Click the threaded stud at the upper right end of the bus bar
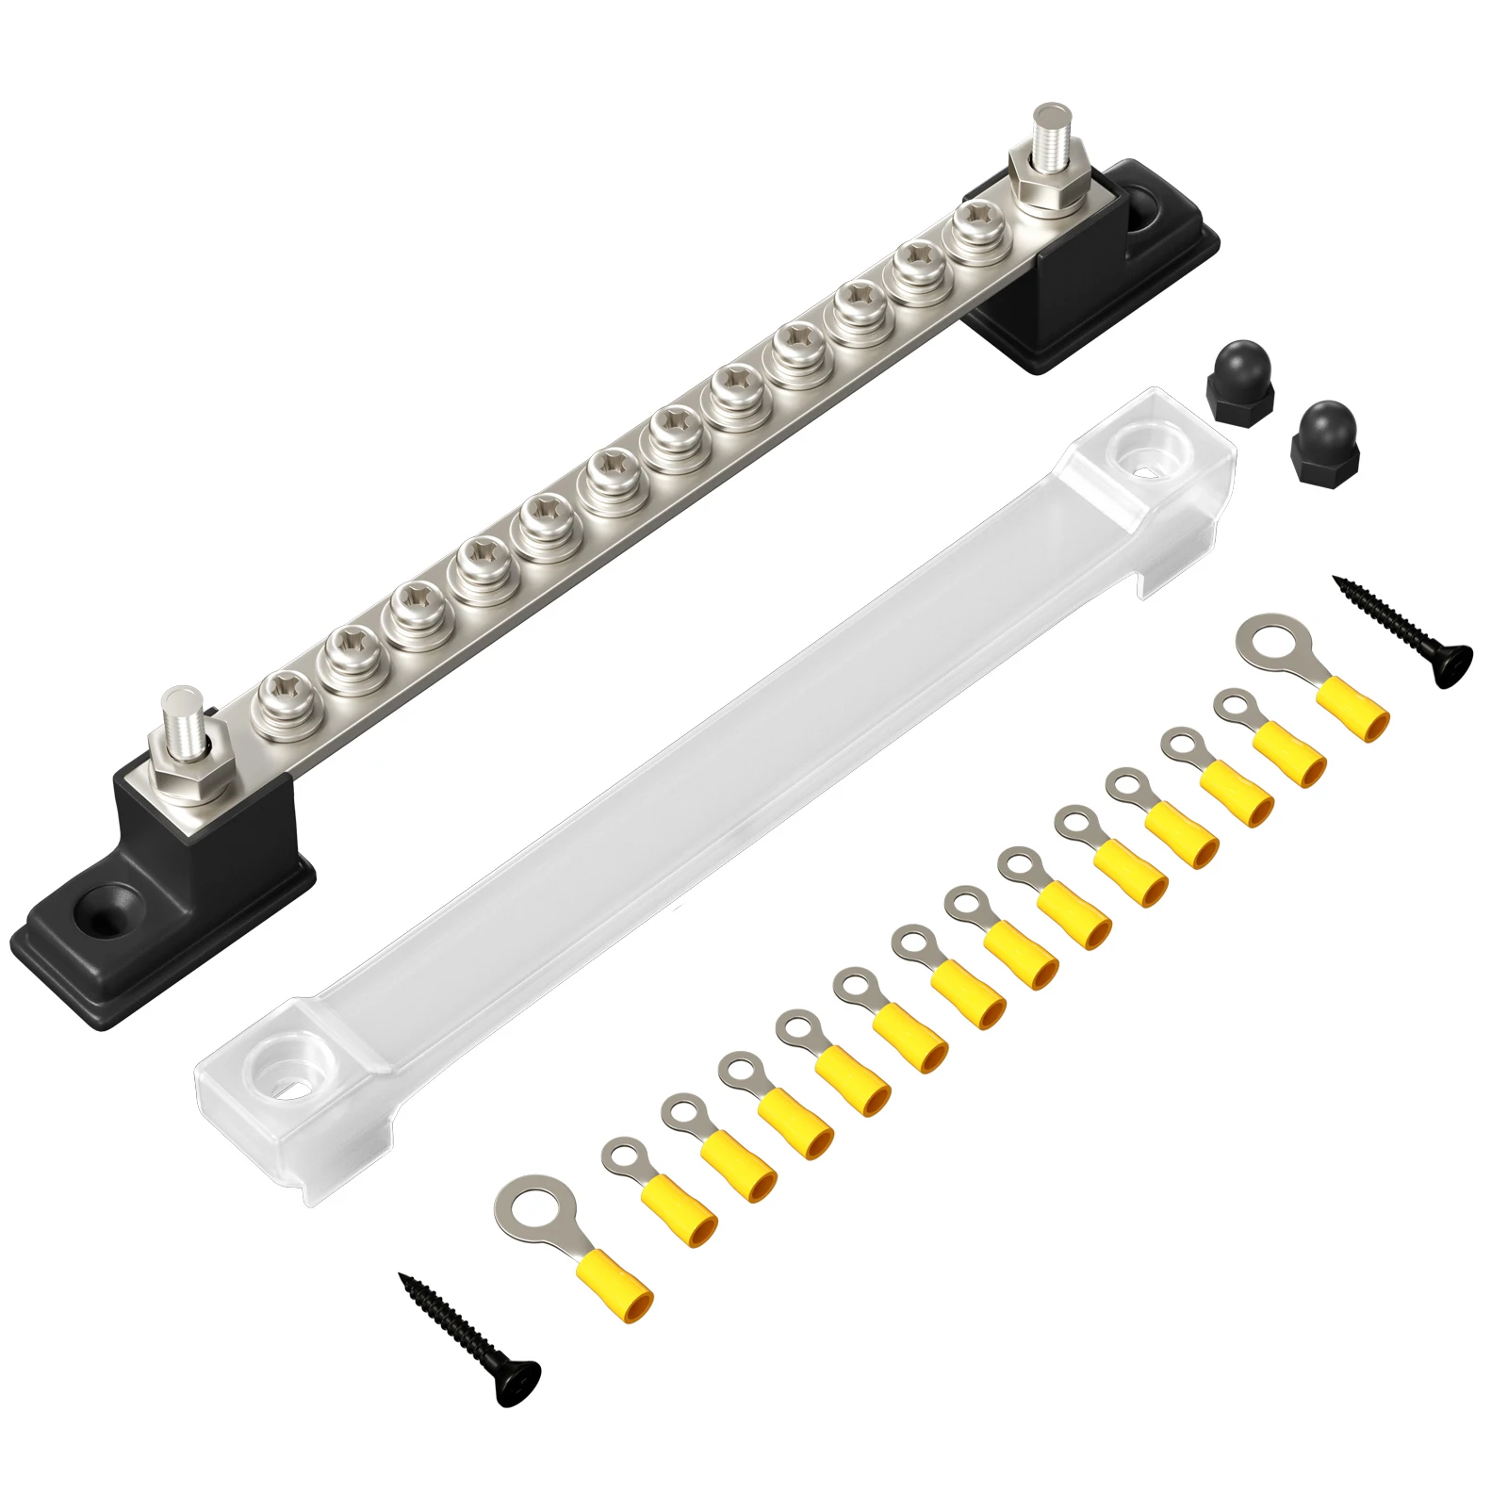point(1047,132)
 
